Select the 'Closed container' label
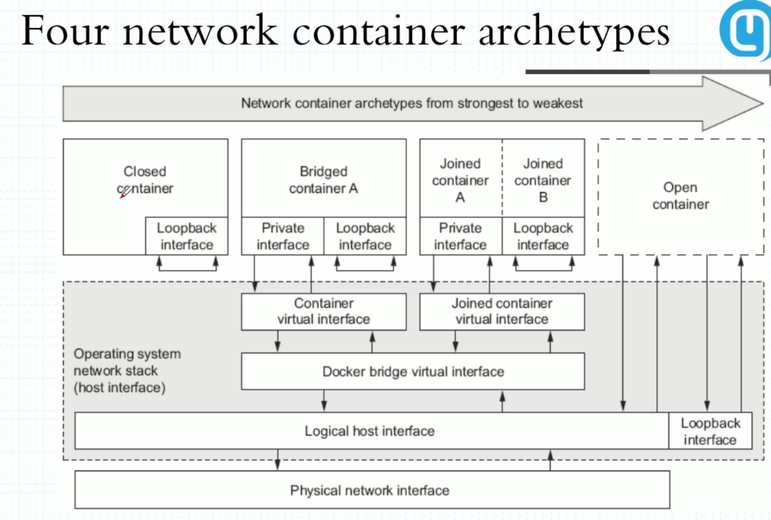[x=145, y=180]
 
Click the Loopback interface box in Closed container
[x=186, y=236]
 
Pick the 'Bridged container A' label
[x=324, y=180]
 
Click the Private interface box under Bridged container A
[x=283, y=236]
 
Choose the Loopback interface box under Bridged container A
[x=365, y=236]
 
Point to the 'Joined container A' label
[x=460, y=180]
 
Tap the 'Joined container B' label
[x=543, y=180]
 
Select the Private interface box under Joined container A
[x=460, y=236]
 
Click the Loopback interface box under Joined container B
[x=543, y=236]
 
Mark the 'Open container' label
[x=680, y=196]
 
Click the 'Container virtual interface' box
[x=324, y=312]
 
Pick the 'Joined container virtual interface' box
[x=502, y=312]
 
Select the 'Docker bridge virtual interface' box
[x=413, y=372]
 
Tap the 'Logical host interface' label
[x=370, y=431]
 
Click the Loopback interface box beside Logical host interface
[x=710, y=431]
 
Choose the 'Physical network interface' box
[x=370, y=490]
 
